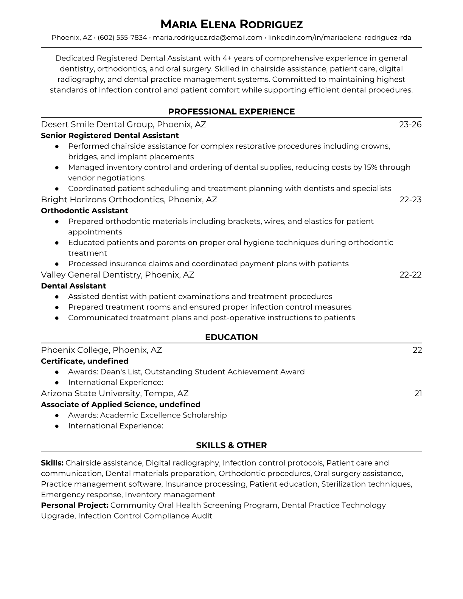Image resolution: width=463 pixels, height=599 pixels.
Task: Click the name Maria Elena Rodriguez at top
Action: (x=231, y=25)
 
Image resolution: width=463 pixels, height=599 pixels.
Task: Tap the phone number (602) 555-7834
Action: (x=122, y=37)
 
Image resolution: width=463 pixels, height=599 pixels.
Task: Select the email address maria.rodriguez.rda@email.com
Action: (x=207, y=37)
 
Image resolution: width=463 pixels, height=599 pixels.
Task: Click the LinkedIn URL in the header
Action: (x=339, y=37)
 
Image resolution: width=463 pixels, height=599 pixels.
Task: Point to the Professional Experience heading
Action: (x=231, y=112)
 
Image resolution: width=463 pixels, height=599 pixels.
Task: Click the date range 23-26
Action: (x=410, y=124)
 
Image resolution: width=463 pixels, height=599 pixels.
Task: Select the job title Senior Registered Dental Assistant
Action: (x=110, y=135)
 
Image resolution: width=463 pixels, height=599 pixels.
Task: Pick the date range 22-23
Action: (x=410, y=199)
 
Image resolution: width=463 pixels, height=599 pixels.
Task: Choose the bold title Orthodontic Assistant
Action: (x=84, y=211)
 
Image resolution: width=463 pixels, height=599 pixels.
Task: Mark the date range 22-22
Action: (x=410, y=275)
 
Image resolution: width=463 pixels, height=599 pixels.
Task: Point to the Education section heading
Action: (x=231, y=337)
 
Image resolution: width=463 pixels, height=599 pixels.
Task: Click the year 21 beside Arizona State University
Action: (x=418, y=393)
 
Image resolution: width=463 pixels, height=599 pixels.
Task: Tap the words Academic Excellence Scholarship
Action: (x=163, y=415)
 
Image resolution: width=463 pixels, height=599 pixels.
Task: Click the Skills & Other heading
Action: (x=231, y=445)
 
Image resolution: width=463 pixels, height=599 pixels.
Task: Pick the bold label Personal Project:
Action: (x=75, y=505)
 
